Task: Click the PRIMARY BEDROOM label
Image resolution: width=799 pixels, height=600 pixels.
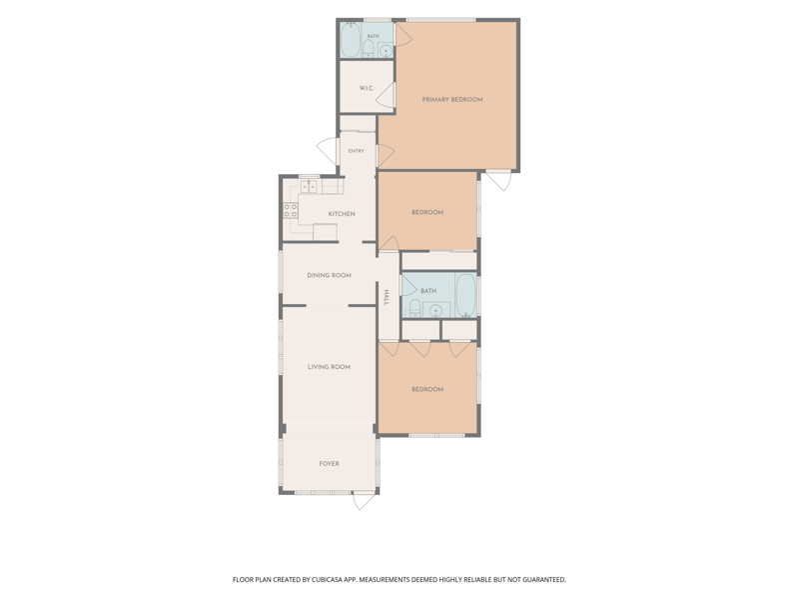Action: (452, 99)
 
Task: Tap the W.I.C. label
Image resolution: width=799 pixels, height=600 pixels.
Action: (367, 88)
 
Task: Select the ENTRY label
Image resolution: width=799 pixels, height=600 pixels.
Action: (357, 151)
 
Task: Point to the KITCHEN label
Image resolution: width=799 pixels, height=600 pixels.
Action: (342, 214)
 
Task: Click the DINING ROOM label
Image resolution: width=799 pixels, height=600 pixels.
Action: (329, 276)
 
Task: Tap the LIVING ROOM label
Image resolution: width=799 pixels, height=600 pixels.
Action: (329, 367)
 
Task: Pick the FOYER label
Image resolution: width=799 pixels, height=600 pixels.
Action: (329, 464)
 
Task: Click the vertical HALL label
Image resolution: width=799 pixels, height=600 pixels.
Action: (387, 297)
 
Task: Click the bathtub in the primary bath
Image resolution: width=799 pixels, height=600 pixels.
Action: (351, 39)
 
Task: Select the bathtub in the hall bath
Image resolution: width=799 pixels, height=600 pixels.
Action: (465, 295)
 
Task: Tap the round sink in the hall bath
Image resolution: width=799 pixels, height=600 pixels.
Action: (435, 310)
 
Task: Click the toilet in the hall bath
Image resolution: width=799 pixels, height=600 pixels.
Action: (414, 308)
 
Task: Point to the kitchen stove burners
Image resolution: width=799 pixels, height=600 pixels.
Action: (291, 210)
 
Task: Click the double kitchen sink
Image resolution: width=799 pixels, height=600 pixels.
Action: (309, 186)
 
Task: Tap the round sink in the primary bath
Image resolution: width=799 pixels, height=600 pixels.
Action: (387, 51)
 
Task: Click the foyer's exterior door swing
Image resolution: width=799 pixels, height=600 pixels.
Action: (364, 501)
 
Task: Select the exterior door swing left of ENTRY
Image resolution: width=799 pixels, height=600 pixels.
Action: (328, 151)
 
